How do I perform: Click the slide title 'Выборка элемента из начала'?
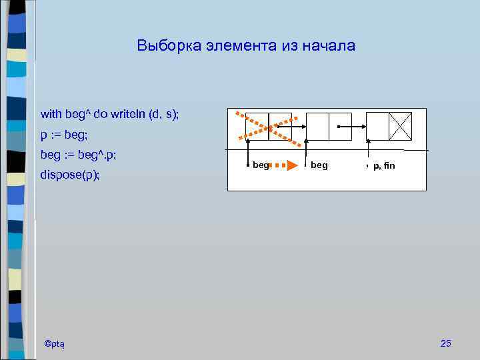click(x=246, y=46)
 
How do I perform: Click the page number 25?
click(x=446, y=343)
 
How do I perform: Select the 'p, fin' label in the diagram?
click(x=384, y=165)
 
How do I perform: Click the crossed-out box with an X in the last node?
click(x=400, y=125)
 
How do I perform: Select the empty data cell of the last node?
click(x=377, y=125)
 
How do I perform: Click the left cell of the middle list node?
click(x=318, y=125)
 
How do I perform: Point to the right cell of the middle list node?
click(x=341, y=125)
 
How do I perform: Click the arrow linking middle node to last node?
click(x=353, y=126)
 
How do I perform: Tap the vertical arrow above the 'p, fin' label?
click(x=368, y=151)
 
